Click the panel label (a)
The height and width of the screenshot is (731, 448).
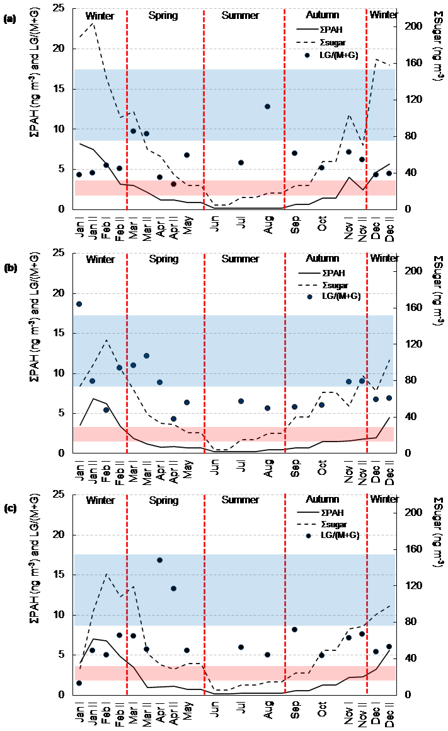9,19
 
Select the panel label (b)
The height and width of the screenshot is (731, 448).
10,267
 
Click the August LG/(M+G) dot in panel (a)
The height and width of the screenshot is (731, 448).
268,107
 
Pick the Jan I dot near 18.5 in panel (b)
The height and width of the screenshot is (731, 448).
79,304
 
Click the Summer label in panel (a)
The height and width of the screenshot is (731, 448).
240,15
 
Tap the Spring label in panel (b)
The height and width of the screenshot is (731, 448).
163,259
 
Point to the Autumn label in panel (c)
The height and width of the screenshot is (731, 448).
322,500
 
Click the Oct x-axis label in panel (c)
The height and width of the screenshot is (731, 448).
321,713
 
